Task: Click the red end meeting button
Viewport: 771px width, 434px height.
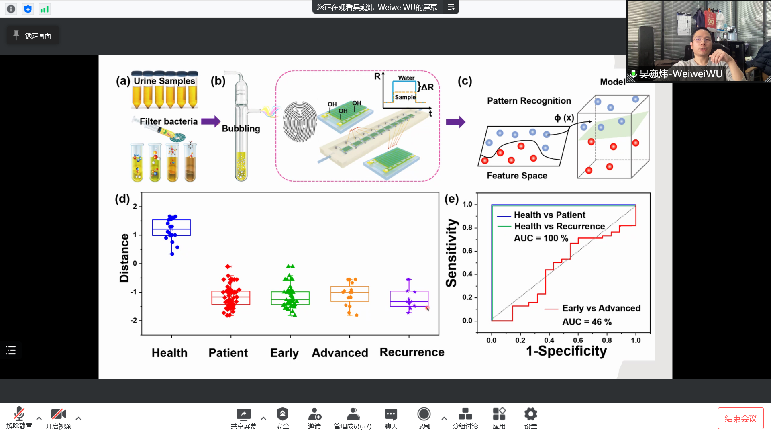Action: point(740,418)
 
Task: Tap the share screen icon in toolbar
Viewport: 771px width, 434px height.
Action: point(243,414)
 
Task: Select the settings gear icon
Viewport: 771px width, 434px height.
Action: point(530,414)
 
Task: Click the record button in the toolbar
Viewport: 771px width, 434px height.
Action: point(424,414)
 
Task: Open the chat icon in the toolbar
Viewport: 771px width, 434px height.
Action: point(391,414)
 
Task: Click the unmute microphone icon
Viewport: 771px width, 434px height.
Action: point(19,414)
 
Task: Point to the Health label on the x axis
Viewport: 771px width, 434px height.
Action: point(169,353)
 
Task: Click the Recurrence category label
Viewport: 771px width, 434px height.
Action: point(412,352)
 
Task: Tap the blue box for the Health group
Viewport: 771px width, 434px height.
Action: point(171,227)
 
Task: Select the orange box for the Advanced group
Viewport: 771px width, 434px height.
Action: point(350,294)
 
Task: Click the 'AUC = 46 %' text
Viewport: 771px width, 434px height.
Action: point(587,322)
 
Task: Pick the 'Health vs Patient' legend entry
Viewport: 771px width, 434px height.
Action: point(549,215)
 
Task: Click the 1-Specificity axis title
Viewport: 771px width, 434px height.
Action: point(566,351)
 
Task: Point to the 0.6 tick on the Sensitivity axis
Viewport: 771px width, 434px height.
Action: point(467,251)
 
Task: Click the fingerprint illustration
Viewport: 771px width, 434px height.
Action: point(300,122)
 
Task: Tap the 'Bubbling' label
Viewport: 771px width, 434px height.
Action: point(241,129)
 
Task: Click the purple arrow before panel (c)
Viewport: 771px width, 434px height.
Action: point(455,122)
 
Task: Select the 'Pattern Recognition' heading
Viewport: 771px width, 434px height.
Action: point(529,101)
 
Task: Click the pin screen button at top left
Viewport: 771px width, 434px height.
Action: point(33,35)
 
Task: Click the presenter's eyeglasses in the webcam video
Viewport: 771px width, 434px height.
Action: point(702,40)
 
